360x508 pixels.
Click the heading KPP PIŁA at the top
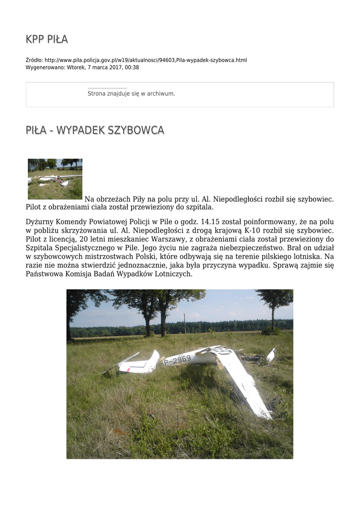click(47, 39)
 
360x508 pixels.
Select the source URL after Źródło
click(145, 60)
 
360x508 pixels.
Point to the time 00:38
click(132, 67)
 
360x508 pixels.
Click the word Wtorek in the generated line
click(75, 67)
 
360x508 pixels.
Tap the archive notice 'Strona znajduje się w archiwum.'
click(131, 93)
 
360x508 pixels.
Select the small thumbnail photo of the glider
click(55, 179)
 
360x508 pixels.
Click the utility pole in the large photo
click(185, 323)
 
